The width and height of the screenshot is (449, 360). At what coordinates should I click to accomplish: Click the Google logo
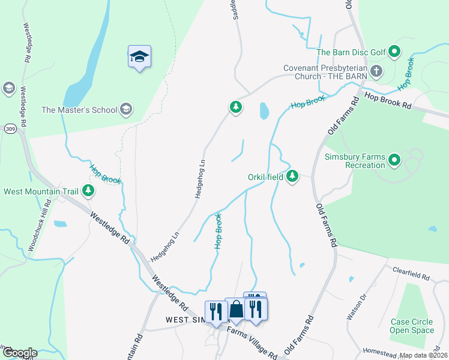click(x=19, y=353)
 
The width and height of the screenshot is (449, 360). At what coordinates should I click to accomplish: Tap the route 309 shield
click(x=10, y=128)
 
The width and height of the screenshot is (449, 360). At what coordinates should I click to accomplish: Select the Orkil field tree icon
click(x=292, y=176)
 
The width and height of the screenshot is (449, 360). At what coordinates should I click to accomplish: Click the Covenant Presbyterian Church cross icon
click(x=376, y=72)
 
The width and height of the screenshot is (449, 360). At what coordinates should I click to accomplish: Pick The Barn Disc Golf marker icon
click(x=394, y=52)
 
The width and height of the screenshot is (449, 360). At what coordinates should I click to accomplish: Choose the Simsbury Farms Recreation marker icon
click(x=394, y=160)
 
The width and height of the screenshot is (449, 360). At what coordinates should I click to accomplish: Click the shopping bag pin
click(x=237, y=309)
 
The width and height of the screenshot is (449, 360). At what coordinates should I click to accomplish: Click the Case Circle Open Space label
click(x=412, y=326)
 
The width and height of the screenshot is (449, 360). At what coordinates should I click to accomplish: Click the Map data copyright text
click(x=424, y=355)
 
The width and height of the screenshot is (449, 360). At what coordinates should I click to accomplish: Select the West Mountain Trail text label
click(x=41, y=192)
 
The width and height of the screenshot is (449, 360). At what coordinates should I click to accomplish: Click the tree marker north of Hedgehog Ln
click(x=235, y=107)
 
